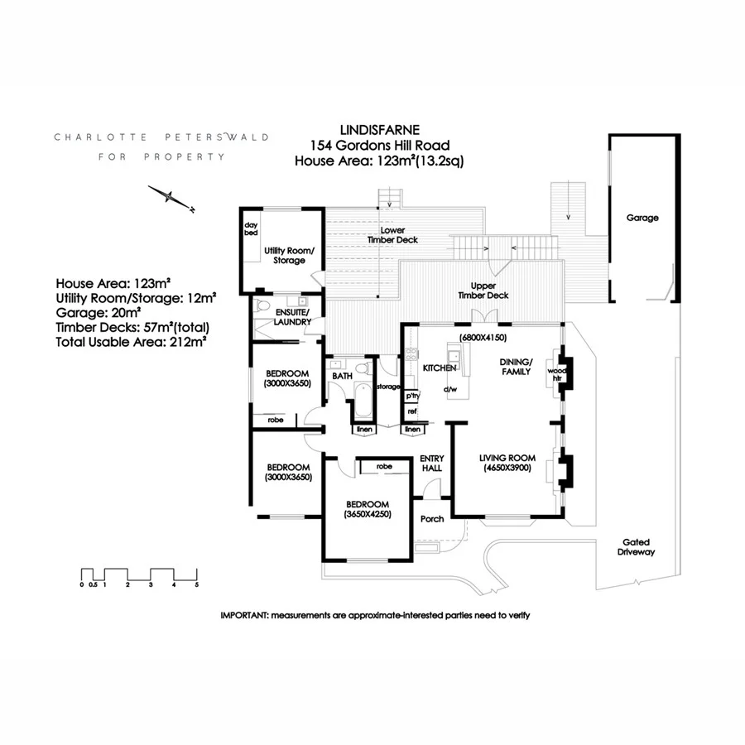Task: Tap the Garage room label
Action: (642, 218)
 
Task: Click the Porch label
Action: (432, 519)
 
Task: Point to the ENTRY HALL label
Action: (432, 464)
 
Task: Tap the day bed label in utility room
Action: (251, 229)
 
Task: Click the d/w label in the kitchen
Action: (450, 389)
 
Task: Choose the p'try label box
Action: (411, 396)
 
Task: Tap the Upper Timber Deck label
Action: (484, 290)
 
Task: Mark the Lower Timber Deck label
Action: (393, 235)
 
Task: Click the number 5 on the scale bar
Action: (197, 585)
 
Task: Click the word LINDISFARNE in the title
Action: (379, 130)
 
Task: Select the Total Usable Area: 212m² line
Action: (130, 339)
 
